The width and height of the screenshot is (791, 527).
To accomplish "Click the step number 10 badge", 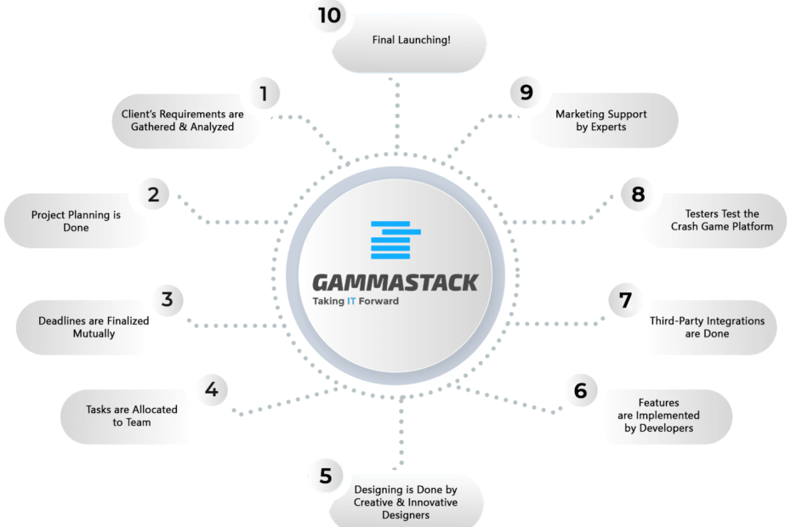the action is [x=329, y=15].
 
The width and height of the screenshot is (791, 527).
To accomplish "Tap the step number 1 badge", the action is [x=264, y=93].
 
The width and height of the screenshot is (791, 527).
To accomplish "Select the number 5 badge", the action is [x=326, y=475].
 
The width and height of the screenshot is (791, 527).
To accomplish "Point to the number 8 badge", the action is [x=638, y=194].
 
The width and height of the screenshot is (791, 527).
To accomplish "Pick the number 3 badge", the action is [x=167, y=299].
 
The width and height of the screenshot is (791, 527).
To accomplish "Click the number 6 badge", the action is [x=581, y=390].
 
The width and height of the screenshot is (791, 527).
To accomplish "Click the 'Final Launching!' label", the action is [x=411, y=40].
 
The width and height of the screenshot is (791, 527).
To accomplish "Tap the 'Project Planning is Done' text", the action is [x=76, y=221].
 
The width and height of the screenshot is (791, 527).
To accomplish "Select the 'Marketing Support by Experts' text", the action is [x=600, y=121].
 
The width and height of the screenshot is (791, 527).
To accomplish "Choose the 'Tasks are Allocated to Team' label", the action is [x=131, y=416].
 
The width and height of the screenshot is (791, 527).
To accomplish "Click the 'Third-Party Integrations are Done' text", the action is [x=707, y=326].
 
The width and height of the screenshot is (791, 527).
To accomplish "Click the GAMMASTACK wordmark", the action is [x=395, y=282].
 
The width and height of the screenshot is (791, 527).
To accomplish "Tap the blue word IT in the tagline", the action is [x=351, y=301].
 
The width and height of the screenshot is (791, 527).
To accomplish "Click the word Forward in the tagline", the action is [x=378, y=301].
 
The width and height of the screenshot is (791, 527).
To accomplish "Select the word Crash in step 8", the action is [x=686, y=226].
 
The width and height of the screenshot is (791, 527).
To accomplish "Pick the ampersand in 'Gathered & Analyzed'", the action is [x=183, y=127].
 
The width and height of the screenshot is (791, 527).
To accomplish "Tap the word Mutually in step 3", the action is [x=94, y=333].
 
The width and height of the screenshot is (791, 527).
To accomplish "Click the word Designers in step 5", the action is [x=406, y=515].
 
